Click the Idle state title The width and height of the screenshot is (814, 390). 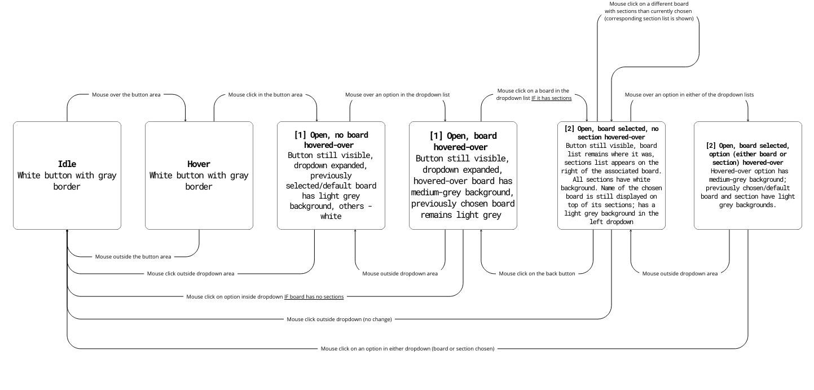pos(67,164)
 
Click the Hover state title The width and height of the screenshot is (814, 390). pos(199,164)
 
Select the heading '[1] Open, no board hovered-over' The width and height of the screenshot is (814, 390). pos(331,140)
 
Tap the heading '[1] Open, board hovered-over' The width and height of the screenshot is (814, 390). pos(463,141)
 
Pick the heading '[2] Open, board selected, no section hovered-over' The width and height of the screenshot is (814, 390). pos(611,133)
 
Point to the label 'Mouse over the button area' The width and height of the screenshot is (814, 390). pos(126,95)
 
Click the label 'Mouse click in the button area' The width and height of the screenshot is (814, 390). pos(265,95)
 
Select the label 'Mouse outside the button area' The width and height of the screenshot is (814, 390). pos(133,257)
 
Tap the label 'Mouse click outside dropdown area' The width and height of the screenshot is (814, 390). pos(191,274)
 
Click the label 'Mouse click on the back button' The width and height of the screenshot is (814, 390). pos(537,274)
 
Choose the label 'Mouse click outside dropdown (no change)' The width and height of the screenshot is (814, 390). pos(339,319)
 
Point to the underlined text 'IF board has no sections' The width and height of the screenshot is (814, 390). pos(314,297)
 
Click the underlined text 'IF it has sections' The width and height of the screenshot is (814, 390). pos(551,98)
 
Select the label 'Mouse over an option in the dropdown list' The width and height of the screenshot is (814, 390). pos(397,95)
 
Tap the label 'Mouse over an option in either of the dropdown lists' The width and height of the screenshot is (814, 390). pos(689,95)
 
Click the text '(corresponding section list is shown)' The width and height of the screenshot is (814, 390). pos(648,18)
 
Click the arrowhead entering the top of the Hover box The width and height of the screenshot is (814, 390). pos(186,120)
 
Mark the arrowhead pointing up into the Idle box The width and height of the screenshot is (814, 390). pos(67,231)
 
